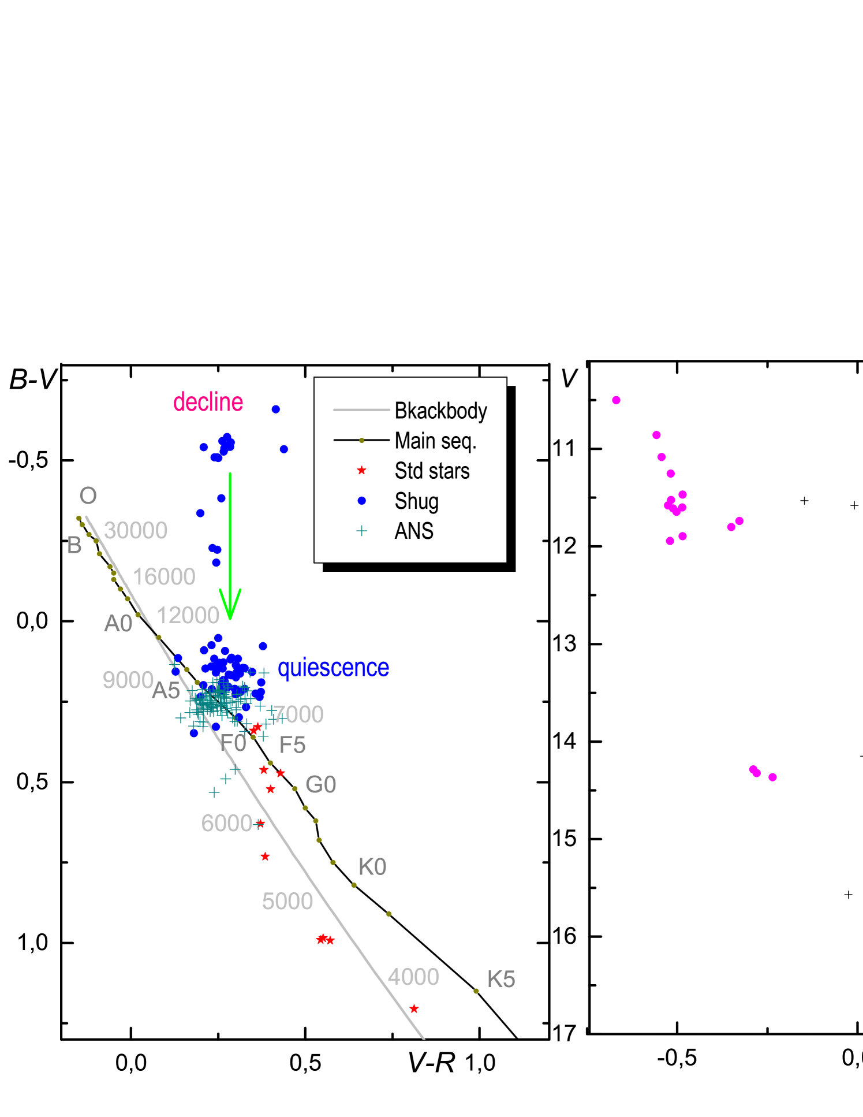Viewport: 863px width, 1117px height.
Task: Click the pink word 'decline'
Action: (x=208, y=402)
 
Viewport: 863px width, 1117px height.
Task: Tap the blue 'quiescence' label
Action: (x=333, y=668)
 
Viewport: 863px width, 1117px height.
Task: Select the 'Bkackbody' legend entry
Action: (x=440, y=411)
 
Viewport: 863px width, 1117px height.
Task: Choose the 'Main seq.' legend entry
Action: (x=435, y=441)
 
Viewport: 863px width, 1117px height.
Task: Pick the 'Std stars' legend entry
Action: (x=432, y=471)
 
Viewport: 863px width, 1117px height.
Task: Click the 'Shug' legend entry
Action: (x=416, y=501)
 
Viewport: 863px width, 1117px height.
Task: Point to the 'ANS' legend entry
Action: (x=414, y=531)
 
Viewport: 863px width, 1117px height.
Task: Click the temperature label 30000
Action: (x=136, y=530)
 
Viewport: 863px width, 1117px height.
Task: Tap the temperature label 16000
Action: (x=164, y=576)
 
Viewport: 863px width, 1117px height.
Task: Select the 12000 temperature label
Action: (x=188, y=615)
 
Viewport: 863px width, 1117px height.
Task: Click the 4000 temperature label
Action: (x=413, y=977)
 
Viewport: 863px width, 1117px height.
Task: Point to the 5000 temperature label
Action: (x=287, y=901)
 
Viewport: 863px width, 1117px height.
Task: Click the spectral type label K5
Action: (x=501, y=979)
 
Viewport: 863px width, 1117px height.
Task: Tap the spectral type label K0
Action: (x=372, y=867)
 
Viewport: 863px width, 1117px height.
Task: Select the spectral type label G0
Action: (x=320, y=784)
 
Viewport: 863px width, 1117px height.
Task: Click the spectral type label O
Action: (x=88, y=496)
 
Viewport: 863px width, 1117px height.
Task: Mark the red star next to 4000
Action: (x=414, y=1009)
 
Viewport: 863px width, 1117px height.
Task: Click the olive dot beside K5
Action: (x=476, y=991)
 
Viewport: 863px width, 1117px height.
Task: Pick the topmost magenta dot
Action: (x=617, y=400)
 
